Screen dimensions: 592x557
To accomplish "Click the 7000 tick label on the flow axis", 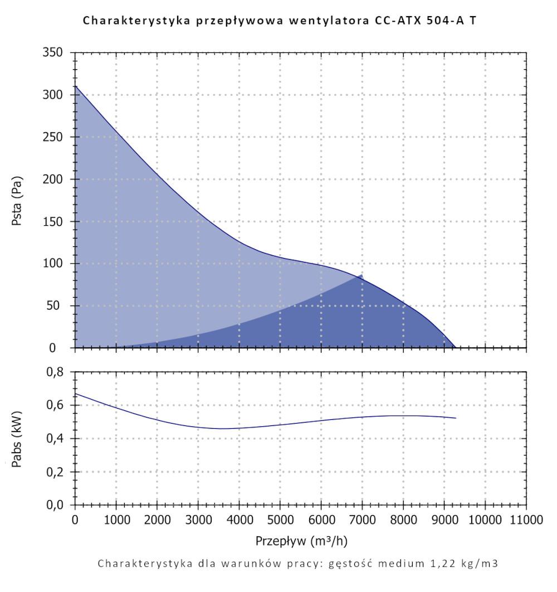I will pyautogui.click(x=361, y=521).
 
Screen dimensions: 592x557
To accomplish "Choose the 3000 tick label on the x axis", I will pyautogui.click(x=198, y=521).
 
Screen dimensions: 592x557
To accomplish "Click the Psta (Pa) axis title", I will pyautogui.click(x=17, y=201).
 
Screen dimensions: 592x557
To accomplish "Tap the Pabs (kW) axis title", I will pyautogui.click(x=17, y=438).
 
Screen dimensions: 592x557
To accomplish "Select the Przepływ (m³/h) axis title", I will pyautogui.click(x=301, y=541).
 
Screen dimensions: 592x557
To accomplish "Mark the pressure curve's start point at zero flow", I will pyautogui.click(x=75, y=86).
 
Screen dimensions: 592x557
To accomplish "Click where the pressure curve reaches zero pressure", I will pyautogui.click(x=456, y=348).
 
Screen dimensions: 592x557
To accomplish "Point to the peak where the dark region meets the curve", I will pyautogui.click(x=363, y=274).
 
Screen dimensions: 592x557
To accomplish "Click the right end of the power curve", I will pyautogui.click(x=456, y=418).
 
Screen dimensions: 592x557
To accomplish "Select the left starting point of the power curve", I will pyautogui.click(x=75, y=394).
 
